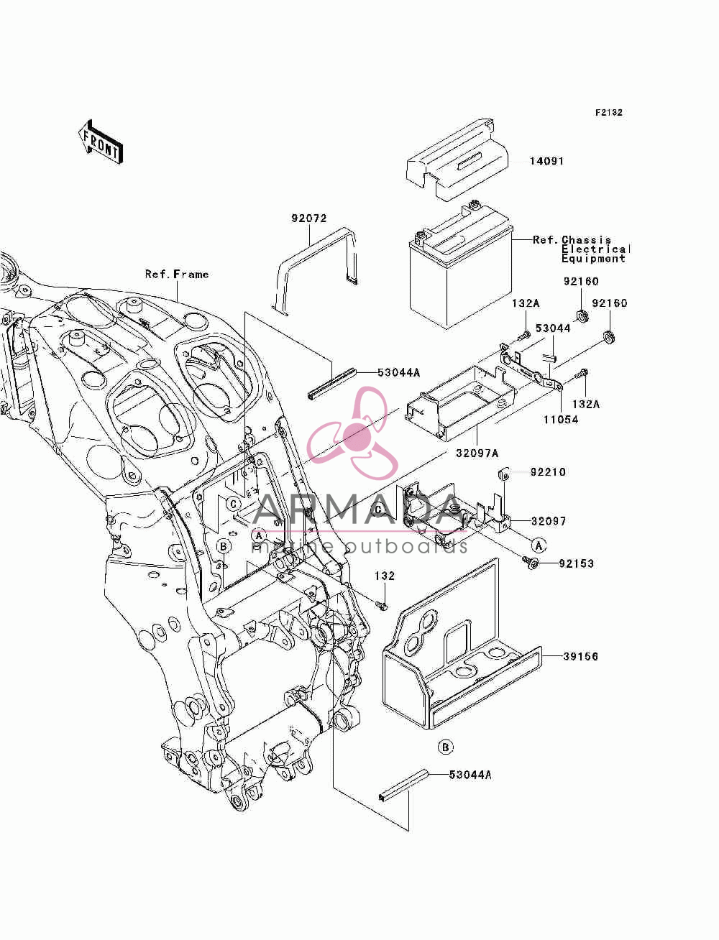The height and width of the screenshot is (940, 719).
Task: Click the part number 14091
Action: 546,162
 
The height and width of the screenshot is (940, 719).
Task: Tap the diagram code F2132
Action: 609,113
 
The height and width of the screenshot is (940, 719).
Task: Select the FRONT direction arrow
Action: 101,142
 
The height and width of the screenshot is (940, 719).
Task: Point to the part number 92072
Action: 309,218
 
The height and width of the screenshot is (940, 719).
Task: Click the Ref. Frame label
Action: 177,274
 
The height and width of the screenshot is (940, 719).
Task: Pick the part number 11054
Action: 561,420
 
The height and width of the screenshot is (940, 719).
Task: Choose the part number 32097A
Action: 477,453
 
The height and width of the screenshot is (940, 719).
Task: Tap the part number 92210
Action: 548,472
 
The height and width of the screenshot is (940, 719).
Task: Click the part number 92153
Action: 577,563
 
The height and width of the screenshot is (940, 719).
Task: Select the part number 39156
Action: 581,656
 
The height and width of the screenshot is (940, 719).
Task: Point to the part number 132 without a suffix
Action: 385,576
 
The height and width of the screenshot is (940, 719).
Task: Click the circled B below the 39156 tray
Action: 445,747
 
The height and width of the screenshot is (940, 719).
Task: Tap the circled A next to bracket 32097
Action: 539,545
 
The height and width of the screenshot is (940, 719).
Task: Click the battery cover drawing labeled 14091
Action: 457,160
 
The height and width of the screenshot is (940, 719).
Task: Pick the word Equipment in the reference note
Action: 593,259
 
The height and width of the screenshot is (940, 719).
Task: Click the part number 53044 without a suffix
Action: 553,328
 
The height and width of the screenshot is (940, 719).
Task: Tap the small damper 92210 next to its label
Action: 503,474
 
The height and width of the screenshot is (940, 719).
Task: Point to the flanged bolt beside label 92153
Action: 530,562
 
